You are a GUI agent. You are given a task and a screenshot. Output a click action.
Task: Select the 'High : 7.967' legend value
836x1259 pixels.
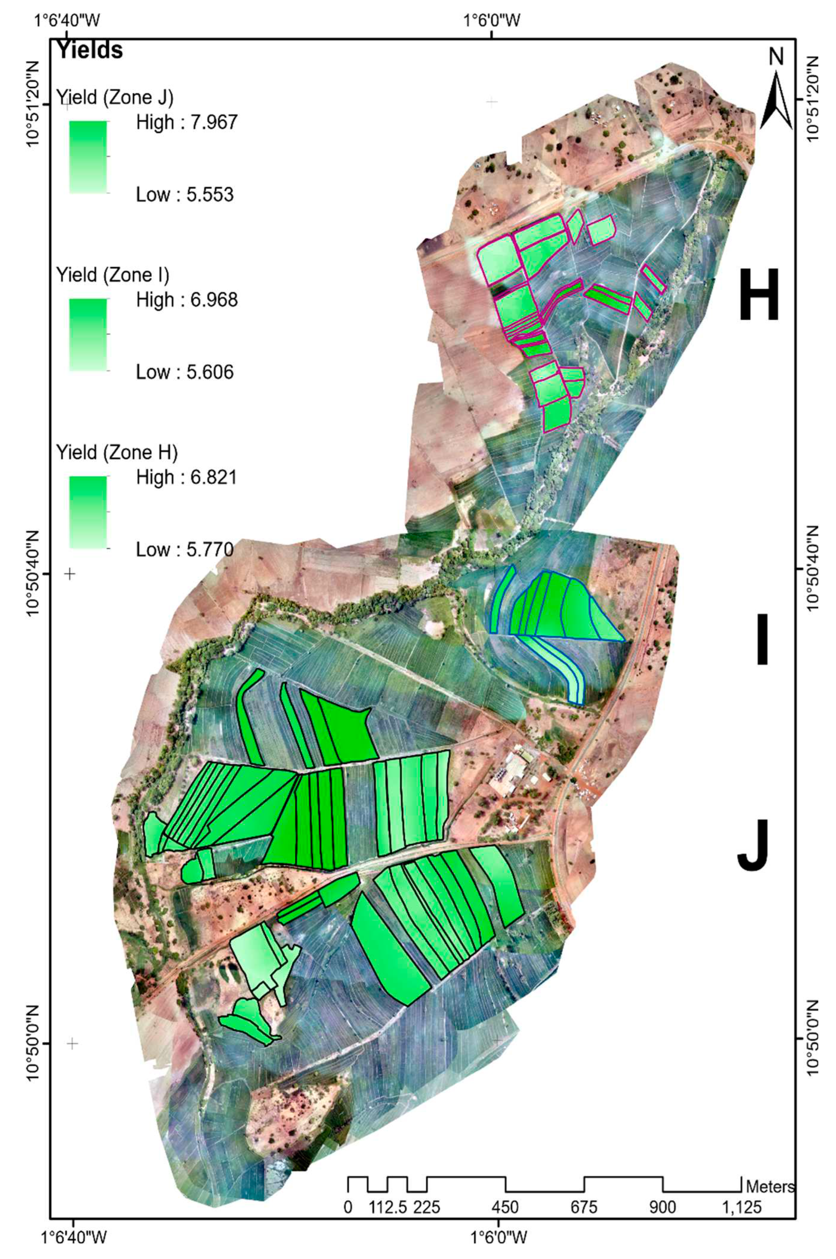186,123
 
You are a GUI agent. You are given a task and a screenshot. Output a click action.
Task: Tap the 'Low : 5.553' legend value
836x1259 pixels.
185,195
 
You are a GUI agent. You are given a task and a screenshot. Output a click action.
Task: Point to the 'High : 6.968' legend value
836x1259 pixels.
186,300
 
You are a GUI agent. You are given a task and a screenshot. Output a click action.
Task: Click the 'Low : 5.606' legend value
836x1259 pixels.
185,372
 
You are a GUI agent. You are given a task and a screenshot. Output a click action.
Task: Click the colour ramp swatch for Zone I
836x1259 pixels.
88,334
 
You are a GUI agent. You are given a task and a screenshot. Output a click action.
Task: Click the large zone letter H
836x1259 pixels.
759,296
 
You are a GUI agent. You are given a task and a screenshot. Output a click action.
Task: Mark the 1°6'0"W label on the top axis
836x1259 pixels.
490,21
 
